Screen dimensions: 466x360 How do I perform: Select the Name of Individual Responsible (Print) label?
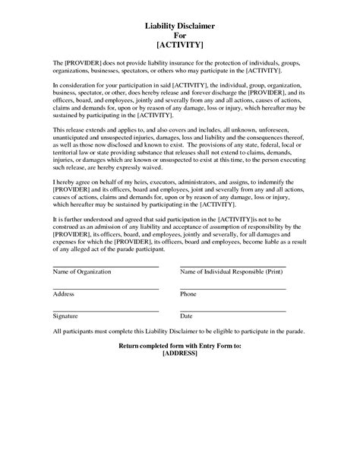click(x=232, y=271)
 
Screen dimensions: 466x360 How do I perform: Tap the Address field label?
click(x=64, y=293)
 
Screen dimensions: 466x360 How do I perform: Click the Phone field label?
click(x=188, y=293)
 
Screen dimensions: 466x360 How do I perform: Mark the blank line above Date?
click(x=232, y=310)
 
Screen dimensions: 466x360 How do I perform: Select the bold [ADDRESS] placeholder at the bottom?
click(x=180, y=354)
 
